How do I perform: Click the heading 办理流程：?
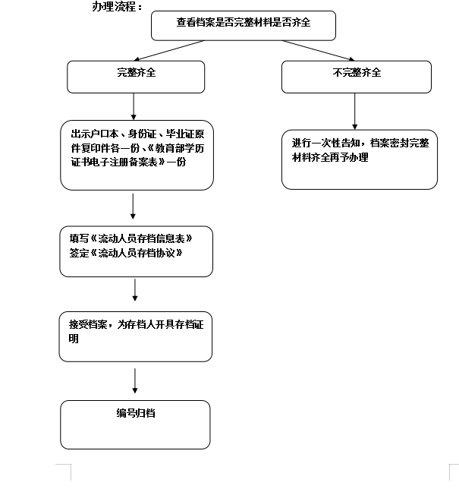(x=117, y=7)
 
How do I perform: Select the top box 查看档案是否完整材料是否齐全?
(x=243, y=25)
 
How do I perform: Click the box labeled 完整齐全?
(x=136, y=76)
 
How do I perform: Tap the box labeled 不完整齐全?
(x=356, y=76)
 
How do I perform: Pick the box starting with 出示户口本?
(x=137, y=155)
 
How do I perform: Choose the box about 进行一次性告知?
(x=359, y=158)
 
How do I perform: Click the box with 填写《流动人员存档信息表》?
(x=136, y=251)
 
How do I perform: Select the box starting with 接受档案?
(x=135, y=336)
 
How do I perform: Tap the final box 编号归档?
(x=135, y=424)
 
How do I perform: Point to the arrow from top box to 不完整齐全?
(x=319, y=50)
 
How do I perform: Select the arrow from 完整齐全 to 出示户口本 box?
(x=134, y=106)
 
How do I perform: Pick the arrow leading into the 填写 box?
(x=133, y=207)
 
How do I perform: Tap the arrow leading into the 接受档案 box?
(x=135, y=290)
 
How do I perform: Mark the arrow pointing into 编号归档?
(x=134, y=380)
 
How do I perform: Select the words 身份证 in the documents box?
(x=143, y=134)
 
